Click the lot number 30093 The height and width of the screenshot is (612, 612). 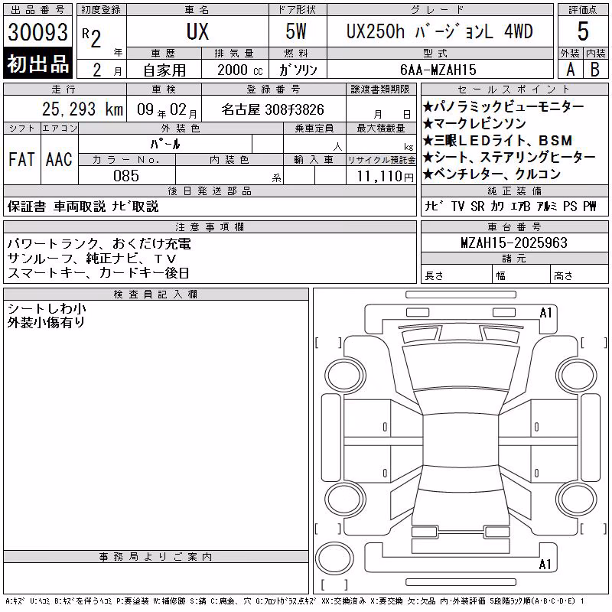pos(37,32)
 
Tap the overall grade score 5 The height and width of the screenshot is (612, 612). pos(583,31)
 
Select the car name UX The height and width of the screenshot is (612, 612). pos(197,31)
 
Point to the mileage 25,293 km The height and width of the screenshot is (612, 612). pos(83,109)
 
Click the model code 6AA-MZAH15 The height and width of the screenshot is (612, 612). pos(438,70)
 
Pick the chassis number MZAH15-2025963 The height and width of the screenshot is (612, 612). pos(514,243)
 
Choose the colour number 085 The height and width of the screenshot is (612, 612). pos(126,176)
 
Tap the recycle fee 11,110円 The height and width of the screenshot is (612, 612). pos(386,177)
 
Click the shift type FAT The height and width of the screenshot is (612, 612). pos(22,159)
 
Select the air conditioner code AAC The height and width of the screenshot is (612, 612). pos(59,159)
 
